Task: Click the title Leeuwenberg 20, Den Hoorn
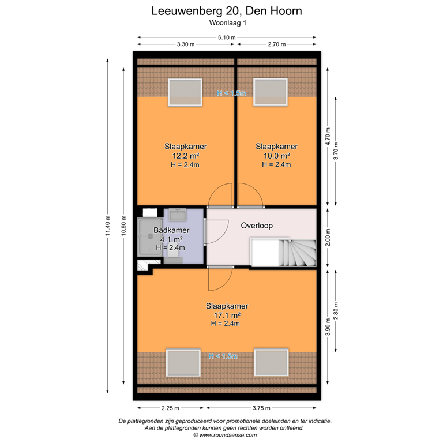pos(226,10)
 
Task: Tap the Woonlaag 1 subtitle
pos(226,24)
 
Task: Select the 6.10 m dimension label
pos(226,37)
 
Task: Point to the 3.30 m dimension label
pos(185,44)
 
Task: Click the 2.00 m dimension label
pos(328,237)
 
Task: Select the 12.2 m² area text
pos(185,156)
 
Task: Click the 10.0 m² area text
pos(276,156)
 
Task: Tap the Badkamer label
pos(170,231)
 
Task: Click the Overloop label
pos(257,226)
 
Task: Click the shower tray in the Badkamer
pos(149,237)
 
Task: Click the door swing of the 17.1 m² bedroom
pos(219,279)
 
